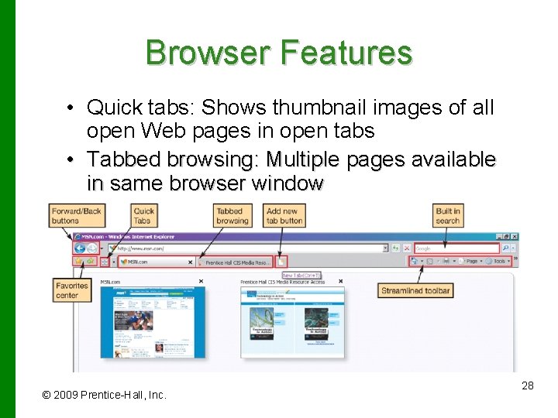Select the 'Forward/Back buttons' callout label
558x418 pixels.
click(x=76, y=215)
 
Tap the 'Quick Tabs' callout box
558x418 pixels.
click(x=143, y=215)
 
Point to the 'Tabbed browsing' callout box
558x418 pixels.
click(x=232, y=215)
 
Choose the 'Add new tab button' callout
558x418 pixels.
click(x=284, y=215)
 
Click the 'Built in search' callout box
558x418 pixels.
click(x=447, y=215)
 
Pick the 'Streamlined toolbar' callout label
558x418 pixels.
click(x=415, y=291)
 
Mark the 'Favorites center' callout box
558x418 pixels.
click(x=72, y=290)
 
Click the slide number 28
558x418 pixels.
click(x=528, y=385)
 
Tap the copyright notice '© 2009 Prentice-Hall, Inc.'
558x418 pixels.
click(x=104, y=395)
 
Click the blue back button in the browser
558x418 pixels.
click(x=80, y=248)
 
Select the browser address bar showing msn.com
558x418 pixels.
click(x=248, y=248)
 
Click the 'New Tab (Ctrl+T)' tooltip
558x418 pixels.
click(x=301, y=275)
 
